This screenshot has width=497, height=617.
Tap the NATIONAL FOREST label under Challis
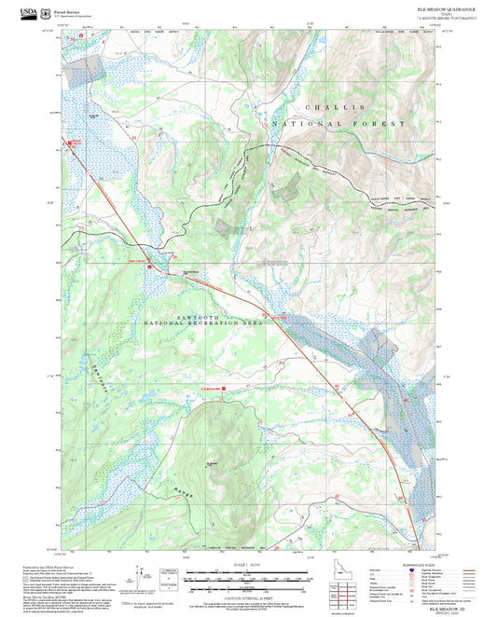pyautogui.click(x=339, y=123)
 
